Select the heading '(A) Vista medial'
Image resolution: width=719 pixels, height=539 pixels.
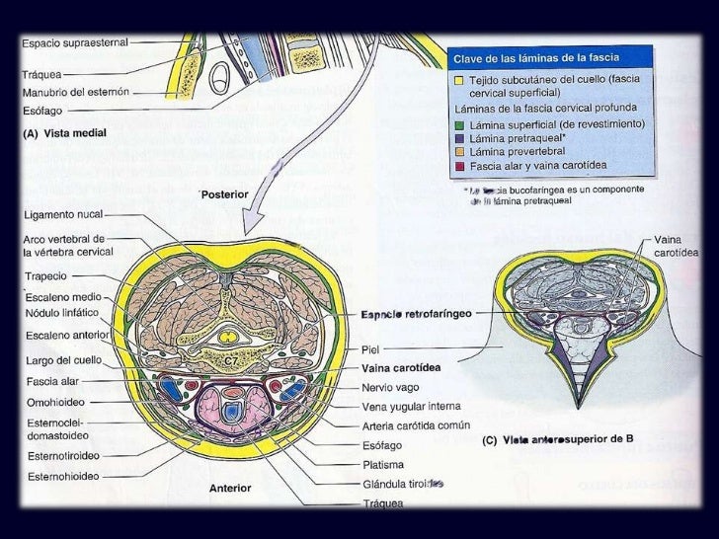tap(65, 132)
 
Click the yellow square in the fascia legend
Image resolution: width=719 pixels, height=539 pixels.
tap(459, 79)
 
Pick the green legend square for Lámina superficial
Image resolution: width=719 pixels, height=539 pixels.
tap(459, 124)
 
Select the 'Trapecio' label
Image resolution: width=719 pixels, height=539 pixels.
tap(45, 278)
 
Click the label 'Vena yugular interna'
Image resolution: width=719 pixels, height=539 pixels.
tap(411, 406)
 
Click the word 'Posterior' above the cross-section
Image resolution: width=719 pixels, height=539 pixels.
tap(229, 194)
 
